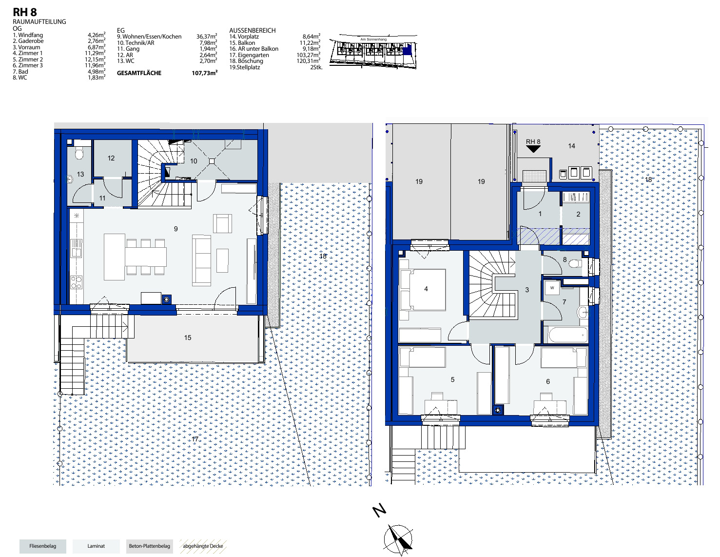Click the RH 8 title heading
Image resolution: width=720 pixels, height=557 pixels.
24,12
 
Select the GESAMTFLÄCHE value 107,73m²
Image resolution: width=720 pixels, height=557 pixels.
204,73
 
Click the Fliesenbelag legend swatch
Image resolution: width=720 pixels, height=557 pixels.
43,546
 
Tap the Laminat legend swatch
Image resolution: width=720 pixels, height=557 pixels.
96,546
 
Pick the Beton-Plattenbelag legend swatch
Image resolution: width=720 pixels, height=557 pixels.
150,546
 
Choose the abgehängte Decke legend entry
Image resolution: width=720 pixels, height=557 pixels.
203,546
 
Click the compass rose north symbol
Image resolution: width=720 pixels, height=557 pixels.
398,539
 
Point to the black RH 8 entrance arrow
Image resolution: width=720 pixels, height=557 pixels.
533,149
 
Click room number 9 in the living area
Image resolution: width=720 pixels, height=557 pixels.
175,229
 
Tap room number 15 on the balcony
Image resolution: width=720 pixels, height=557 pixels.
188,338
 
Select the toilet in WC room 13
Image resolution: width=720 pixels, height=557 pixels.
79,154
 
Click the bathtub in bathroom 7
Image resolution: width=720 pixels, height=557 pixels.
568,335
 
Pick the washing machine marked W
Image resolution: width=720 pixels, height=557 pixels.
552,288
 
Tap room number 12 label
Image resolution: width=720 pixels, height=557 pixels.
111,158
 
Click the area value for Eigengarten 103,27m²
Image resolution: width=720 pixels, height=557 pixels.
309,55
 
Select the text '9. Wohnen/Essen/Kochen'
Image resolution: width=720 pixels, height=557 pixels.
149,37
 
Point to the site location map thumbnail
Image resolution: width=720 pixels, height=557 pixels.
373,51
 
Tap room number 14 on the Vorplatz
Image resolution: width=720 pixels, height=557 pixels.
571,146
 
